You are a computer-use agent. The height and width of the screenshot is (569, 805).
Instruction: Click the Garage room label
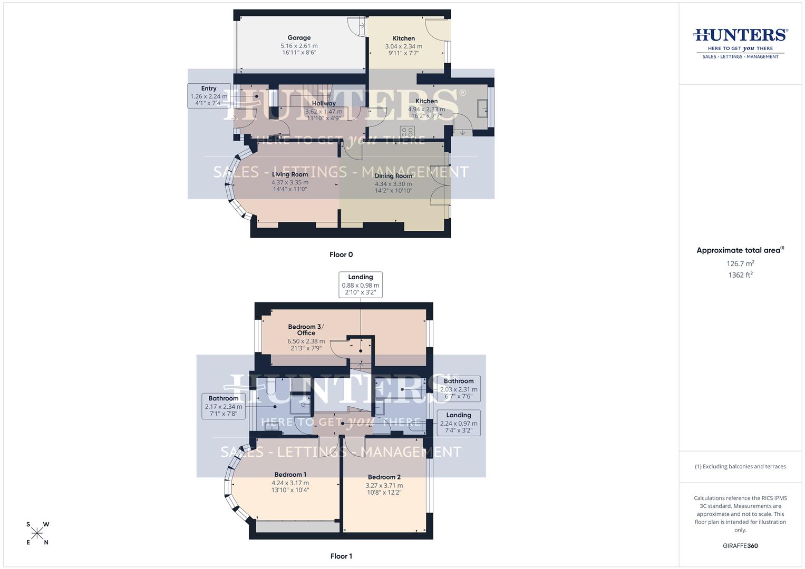[x=299, y=38]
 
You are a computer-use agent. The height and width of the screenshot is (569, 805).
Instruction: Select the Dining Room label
[x=393, y=176]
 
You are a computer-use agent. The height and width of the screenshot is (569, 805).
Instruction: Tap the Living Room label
[x=290, y=174]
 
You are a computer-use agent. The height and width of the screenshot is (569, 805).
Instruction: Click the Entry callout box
[x=209, y=96]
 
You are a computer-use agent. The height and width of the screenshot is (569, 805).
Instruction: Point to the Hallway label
[x=324, y=103]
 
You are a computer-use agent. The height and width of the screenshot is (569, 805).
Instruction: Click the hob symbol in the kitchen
[x=407, y=131]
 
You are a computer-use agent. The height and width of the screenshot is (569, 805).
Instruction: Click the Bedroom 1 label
[x=290, y=475]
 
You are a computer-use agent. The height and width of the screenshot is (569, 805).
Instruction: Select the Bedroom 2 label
[x=384, y=477]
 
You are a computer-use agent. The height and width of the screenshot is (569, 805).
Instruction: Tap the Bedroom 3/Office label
[x=306, y=330]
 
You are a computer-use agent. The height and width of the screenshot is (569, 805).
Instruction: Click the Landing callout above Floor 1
[x=361, y=285]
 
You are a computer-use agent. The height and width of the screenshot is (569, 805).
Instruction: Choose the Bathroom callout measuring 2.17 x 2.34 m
[x=224, y=406]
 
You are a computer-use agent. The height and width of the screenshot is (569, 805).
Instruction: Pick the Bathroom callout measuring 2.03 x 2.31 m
[x=459, y=389]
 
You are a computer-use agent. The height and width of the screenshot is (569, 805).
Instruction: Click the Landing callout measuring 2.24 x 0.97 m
[x=459, y=423]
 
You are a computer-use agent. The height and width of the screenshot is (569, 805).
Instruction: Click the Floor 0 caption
[x=341, y=254]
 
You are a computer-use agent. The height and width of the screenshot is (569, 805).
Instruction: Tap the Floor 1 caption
[x=341, y=556]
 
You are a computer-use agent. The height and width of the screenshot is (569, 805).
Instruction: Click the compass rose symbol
[x=37, y=533]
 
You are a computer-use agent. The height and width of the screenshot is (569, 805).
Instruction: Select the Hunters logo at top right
[x=740, y=42]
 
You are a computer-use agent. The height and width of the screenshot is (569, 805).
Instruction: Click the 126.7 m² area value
[x=740, y=263]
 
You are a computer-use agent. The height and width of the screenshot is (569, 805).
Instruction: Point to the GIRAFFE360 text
[x=740, y=546]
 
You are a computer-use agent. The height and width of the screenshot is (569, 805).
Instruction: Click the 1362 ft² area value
[x=740, y=275]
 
